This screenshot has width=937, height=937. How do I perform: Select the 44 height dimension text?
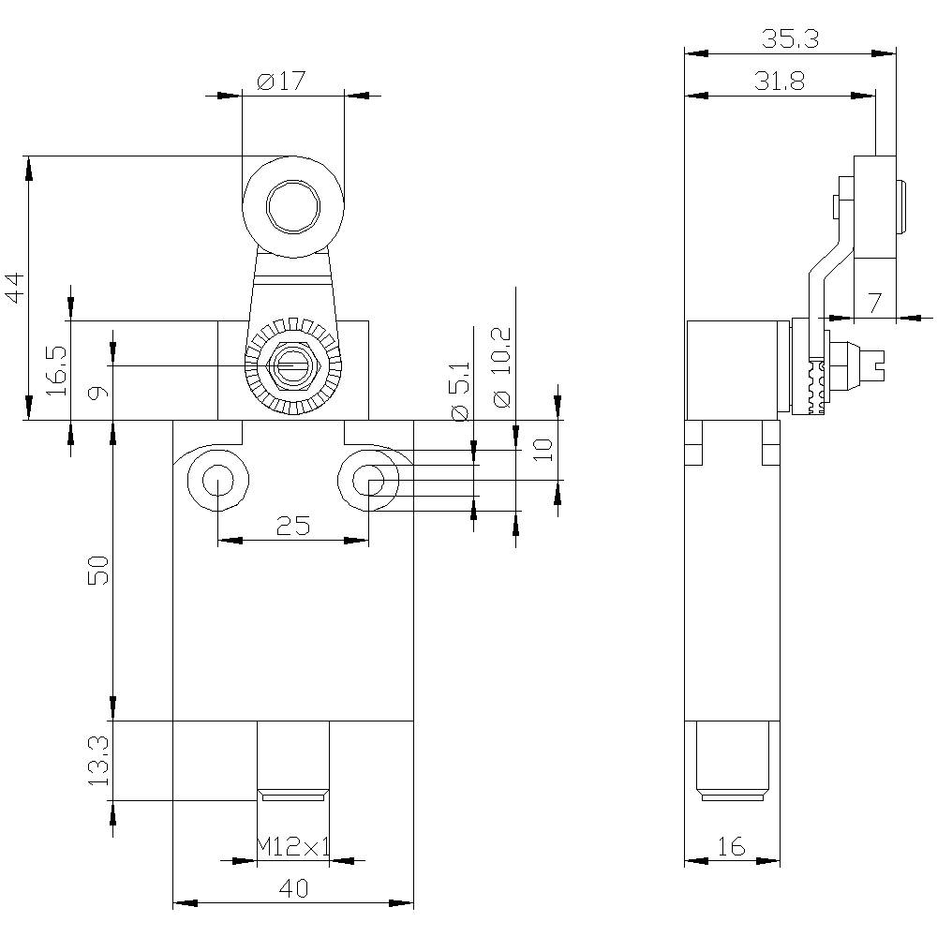coord(13,288)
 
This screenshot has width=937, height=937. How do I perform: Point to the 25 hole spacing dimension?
coord(293,527)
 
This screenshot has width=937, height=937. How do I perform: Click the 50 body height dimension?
coord(99,570)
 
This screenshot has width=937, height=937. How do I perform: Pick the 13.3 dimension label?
coord(99,760)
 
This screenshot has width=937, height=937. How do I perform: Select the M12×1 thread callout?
coord(293,848)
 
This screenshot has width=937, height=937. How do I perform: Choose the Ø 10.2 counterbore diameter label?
coord(501,367)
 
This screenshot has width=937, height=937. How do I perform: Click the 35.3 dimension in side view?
coord(789,39)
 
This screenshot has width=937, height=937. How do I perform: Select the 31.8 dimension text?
coord(779,82)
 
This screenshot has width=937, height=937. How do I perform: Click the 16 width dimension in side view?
coord(731,847)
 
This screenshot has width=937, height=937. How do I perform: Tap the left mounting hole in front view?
coord(217,480)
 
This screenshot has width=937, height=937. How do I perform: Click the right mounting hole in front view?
coord(369,480)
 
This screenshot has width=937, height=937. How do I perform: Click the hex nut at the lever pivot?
coord(293,364)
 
